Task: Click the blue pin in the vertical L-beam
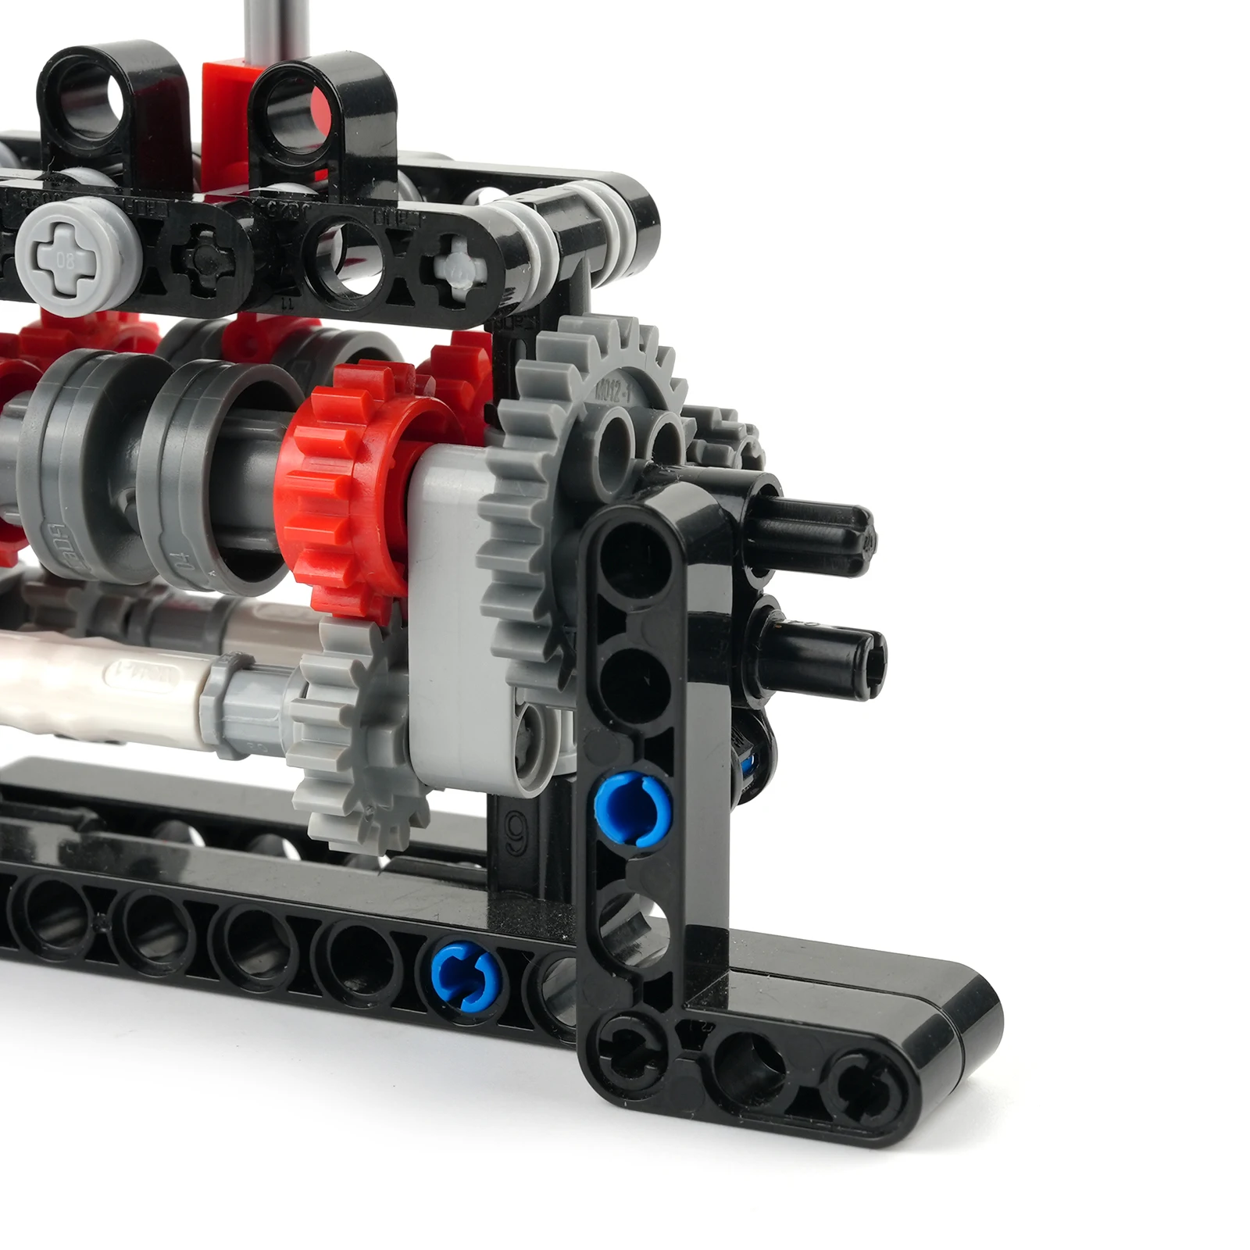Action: click(x=632, y=809)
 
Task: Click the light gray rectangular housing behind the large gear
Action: click(x=449, y=609)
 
